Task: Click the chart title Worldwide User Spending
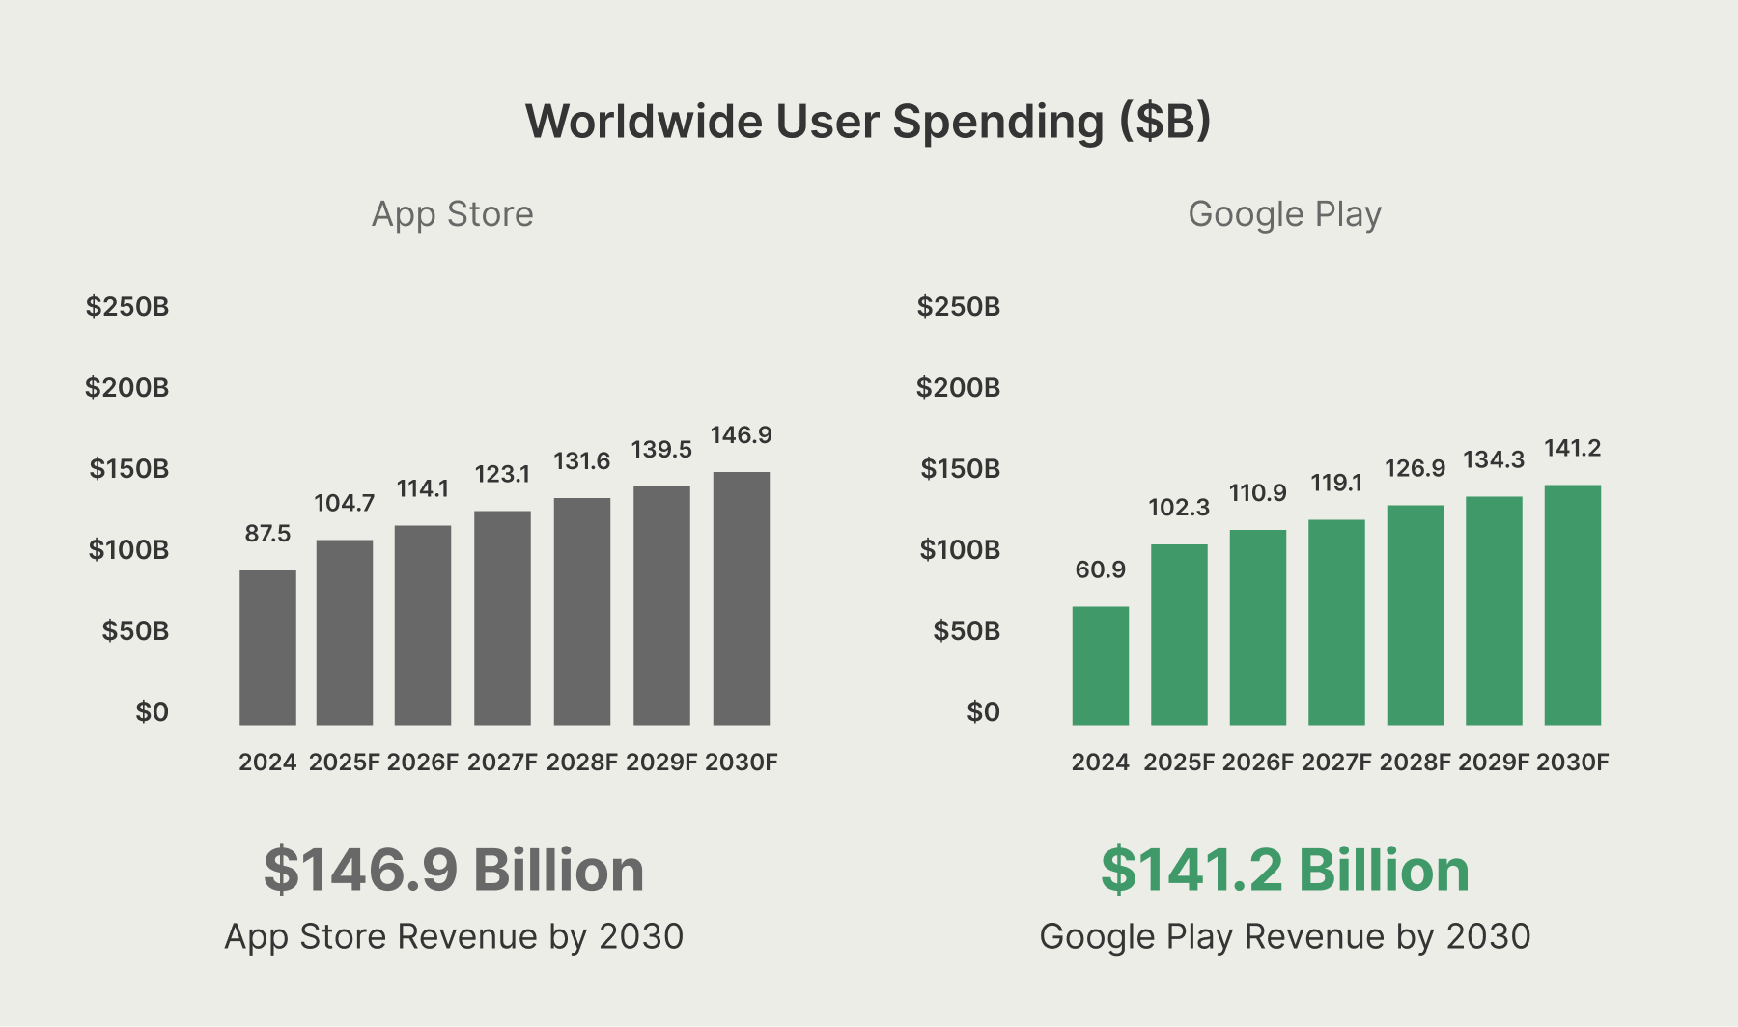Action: [867, 123]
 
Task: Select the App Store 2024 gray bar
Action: [267, 647]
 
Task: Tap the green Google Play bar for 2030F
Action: [1572, 604]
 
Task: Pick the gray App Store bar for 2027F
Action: [502, 618]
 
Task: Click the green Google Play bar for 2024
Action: [1100, 665]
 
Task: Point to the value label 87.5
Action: [267, 534]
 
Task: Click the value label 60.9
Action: [1100, 569]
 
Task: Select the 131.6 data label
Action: [581, 461]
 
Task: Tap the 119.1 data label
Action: [1336, 483]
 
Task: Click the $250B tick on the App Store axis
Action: [127, 307]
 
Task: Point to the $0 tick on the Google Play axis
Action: [983, 712]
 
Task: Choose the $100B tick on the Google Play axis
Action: [960, 550]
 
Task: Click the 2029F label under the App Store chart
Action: [661, 763]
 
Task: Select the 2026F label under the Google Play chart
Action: [1257, 763]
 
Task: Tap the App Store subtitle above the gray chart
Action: [452, 214]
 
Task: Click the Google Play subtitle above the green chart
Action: [1284, 214]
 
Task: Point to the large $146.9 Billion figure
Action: [454, 870]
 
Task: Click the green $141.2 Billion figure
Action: [1284, 870]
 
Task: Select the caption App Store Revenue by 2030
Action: [454, 936]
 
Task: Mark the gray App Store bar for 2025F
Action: [345, 632]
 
